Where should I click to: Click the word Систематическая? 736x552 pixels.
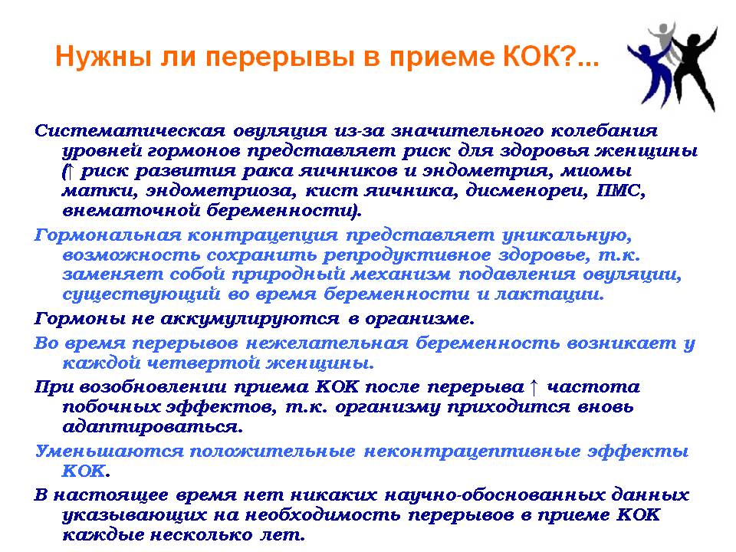130,130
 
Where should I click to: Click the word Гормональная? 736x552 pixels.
107,235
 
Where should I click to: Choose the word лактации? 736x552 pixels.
549,294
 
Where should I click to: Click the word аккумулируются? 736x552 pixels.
250,319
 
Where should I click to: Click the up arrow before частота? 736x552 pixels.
534,386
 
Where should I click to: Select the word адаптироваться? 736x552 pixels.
153,427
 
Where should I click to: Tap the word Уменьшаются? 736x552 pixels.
110,452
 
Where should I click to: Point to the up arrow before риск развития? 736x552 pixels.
69,171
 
